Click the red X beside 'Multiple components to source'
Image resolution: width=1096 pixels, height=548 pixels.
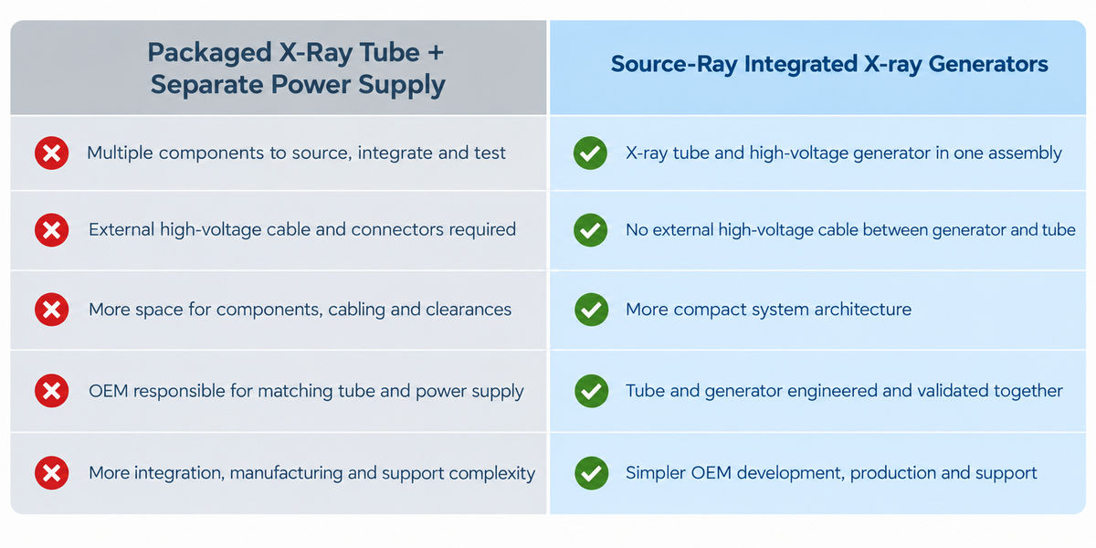(51, 153)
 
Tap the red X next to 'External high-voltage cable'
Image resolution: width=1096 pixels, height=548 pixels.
(51, 230)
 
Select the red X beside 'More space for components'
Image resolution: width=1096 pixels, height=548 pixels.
(51, 310)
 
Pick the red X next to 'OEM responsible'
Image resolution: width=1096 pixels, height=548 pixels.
(51, 391)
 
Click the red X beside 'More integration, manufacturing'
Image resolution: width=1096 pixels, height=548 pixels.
(51, 473)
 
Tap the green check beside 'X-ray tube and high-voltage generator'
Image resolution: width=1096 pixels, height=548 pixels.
(591, 153)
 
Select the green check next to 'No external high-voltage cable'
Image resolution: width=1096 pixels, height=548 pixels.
(591, 230)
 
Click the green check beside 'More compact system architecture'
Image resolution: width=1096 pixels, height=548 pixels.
(591, 310)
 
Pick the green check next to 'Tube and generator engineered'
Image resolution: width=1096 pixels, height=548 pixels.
(591, 391)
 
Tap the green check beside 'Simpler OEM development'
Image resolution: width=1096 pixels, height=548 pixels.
(591, 473)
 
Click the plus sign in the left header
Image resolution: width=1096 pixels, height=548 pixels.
(436, 52)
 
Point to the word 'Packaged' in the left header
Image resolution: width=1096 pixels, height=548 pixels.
(209, 53)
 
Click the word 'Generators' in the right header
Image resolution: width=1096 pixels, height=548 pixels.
(988, 64)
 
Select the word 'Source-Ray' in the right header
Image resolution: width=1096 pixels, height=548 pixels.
(674, 65)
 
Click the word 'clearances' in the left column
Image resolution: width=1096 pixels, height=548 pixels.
(469, 310)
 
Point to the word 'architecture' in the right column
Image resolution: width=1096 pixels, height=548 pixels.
(862, 310)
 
